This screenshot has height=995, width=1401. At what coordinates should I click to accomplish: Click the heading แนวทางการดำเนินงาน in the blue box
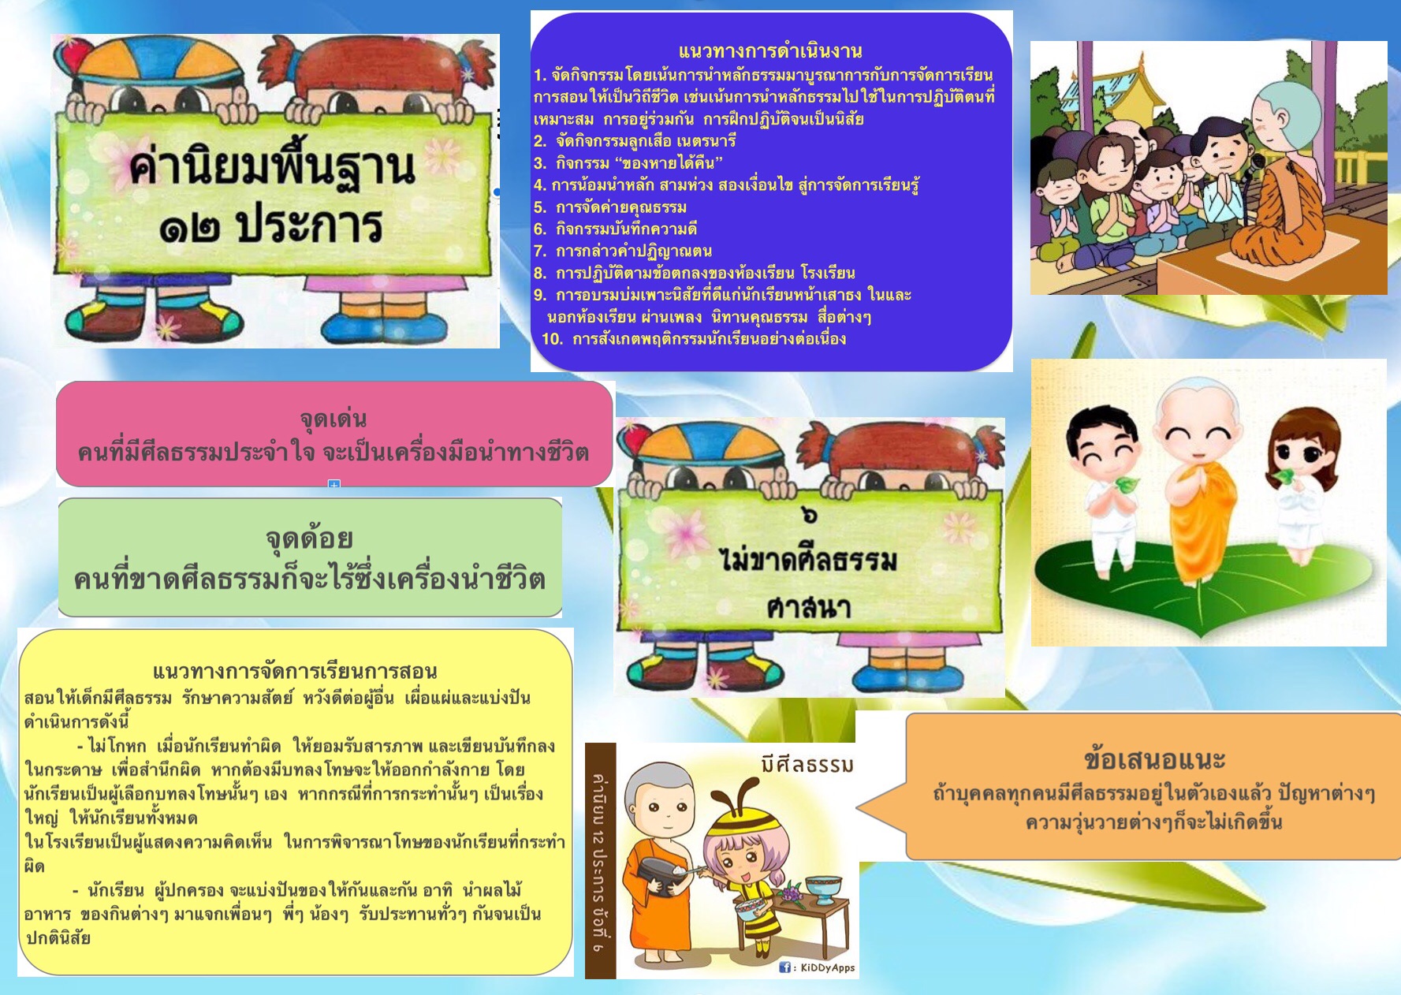(x=769, y=51)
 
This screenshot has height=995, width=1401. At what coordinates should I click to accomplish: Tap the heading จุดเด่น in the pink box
(x=333, y=419)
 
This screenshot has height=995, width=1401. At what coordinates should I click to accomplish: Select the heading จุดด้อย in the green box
(x=309, y=539)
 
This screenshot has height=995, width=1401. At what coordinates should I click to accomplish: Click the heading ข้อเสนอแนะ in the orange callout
(x=1154, y=758)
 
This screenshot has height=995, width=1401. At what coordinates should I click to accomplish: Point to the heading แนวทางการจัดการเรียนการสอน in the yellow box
(x=295, y=671)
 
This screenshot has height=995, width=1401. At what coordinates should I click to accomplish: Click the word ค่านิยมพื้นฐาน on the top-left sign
(x=272, y=166)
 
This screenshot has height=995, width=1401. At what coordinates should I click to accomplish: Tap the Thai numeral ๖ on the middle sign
(x=809, y=515)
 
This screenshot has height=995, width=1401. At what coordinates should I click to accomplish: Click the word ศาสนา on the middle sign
(x=809, y=607)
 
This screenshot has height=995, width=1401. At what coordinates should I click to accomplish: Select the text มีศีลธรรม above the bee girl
(x=807, y=764)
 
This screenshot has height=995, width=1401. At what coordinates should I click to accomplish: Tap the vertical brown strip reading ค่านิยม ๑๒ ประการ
(x=600, y=861)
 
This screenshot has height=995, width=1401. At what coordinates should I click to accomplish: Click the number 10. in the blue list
(x=552, y=339)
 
